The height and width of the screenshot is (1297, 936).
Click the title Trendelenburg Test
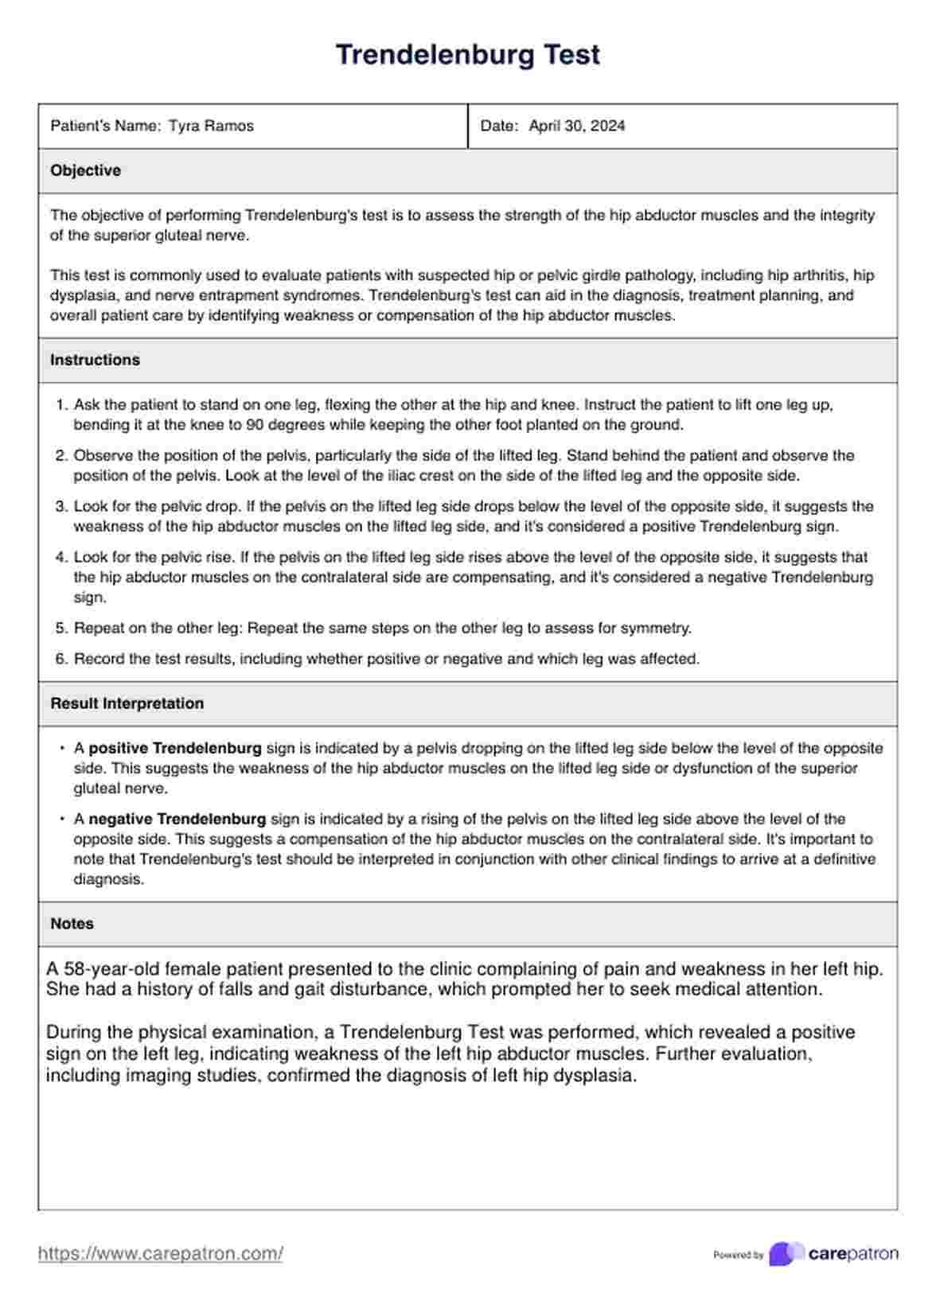click(467, 55)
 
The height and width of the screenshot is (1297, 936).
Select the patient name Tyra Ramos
click(211, 126)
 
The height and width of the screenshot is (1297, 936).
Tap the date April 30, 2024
click(576, 126)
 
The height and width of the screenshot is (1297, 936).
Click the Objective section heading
click(85, 170)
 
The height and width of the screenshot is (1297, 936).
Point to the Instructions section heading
click(95, 360)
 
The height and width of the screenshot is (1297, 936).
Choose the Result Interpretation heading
click(127, 703)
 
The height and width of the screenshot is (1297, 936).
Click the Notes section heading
click(72, 924)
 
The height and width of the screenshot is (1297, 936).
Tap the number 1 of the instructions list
click(61, 405)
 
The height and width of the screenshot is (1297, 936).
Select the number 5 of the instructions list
click(61, 629)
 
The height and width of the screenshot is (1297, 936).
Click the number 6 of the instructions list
click(61, 659)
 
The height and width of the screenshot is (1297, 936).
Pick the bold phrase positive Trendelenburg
click(175, 749)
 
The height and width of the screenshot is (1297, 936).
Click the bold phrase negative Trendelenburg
click(177, 819)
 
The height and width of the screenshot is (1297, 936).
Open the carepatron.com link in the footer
click(160, 1254)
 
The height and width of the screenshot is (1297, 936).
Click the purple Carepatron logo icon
click(786, 1254)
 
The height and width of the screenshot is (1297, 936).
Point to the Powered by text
click(738, 1255)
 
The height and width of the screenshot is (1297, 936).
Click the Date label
click(499, 126)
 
